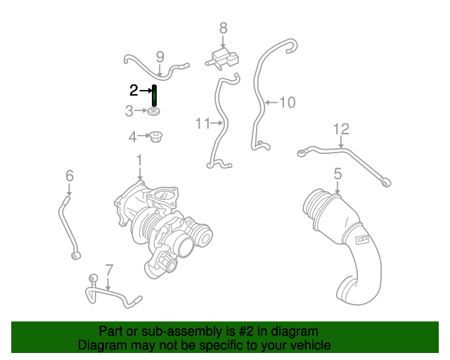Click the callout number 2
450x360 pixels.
(x=134, y=89)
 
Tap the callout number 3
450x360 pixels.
(x=129, y=110)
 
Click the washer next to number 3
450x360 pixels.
(x=154, y=112)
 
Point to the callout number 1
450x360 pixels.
(x=139, y=160)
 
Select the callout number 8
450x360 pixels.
(x=223, y=28)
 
